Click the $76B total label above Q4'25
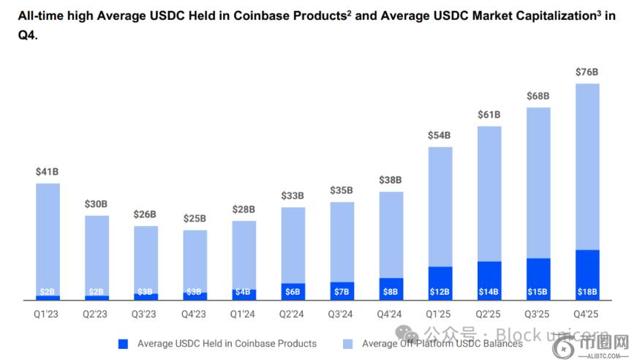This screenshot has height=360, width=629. (x=587, y=72)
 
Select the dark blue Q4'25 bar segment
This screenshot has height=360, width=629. (x=587, y=274)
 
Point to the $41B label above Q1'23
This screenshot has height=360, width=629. (x=48, y=172)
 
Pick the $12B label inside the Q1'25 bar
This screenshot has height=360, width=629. (x=440, y=292)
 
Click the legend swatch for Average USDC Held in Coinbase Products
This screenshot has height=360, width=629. (x=123, y=343)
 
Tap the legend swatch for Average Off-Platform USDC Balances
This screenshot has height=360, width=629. (x=348, y=343)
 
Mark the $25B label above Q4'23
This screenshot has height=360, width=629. (x=195, y=219)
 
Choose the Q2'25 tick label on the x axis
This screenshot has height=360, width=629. (x=489, y=314)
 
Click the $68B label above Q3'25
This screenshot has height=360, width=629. (x=538, y=97)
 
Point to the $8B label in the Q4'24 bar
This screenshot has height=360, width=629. (x=391, y=292)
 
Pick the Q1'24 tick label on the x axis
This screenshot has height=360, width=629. (x=244, y=314)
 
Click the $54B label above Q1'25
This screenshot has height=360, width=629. (x=440, y=135)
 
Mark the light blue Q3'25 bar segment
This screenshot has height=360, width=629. (x=538, y=183)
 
